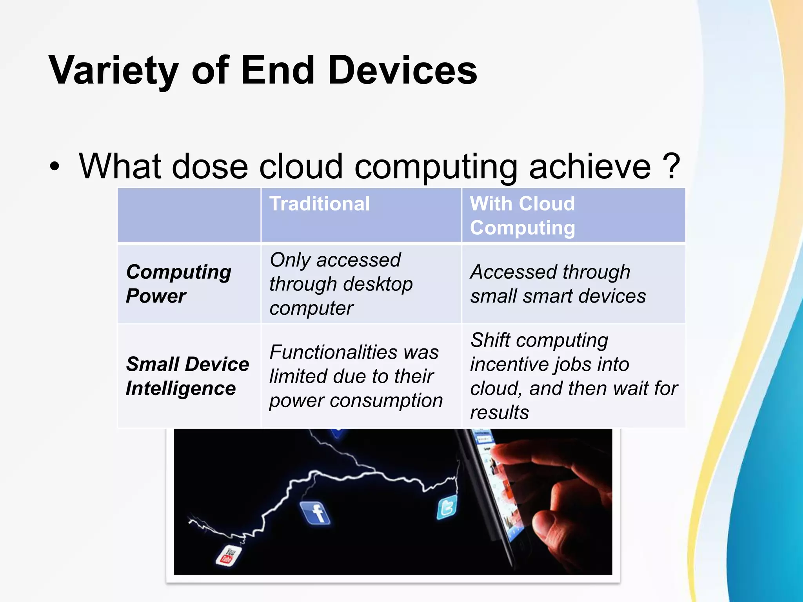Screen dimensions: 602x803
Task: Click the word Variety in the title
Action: point(114,71)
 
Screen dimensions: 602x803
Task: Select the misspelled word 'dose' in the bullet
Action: point(209,167)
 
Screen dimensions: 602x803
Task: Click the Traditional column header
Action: point(320,204)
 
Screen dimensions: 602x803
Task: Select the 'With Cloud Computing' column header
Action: point(522,216)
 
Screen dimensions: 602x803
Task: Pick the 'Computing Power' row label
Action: point(178,284)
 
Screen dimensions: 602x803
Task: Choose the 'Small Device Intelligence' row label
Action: point(187,376)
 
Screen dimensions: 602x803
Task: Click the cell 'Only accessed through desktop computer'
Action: point(341,284)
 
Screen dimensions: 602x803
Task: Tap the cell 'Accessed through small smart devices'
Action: point(558,284)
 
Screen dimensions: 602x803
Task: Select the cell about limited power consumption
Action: point(355,376)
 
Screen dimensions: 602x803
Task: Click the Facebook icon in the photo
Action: point(316,513)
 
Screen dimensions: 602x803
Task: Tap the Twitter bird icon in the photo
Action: point(447,507)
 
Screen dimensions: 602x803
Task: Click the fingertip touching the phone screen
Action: point(500,451)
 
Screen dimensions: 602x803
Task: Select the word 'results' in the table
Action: point(500,413)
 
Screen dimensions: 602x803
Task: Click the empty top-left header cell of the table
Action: point(189,215)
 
